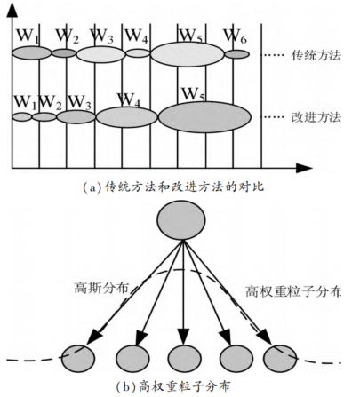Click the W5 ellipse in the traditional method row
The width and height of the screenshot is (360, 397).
tap(187, 54)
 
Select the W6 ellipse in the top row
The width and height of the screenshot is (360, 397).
tap(236, 54)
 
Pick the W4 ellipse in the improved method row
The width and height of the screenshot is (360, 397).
tap(127, 116)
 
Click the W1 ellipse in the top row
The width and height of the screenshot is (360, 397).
tap(32, 53)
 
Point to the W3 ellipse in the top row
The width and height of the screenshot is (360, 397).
tap(100, 54)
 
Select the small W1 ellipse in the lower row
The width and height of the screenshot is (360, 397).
tap(22, 116)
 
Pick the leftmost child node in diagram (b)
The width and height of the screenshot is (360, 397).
tap(78, 358)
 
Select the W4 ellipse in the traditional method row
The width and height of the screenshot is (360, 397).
tap(138, 53)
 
